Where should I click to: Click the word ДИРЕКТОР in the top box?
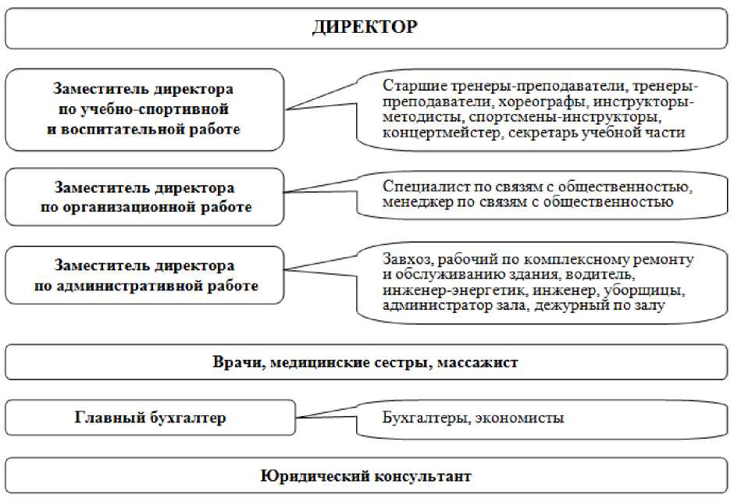[x=365, y=27]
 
